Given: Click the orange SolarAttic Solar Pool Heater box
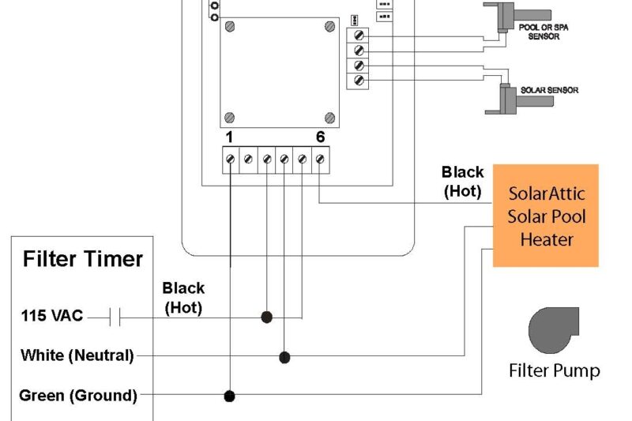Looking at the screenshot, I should (x=546, y=216).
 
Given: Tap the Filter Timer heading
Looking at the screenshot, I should (x=83, y=259).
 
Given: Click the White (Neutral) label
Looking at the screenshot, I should (x=77, y=356).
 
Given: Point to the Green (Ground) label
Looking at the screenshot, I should (x=77, y=395).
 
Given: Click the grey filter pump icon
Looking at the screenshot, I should (x=553, y=331).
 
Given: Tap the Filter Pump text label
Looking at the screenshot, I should (x=554, y=370).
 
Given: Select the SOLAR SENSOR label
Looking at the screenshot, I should (x=548, y=90).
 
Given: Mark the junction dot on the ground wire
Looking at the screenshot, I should (x=229, y=395).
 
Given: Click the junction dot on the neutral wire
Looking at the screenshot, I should (x=284, y=357).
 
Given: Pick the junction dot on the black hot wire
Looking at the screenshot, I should (x=267, y=317).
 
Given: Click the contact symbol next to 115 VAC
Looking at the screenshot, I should (x=115, y=318).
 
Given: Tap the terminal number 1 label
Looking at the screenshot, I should (x=229, y=137).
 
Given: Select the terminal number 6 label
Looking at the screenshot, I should (x=320, y=137).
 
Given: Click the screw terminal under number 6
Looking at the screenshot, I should (x=320, y=160).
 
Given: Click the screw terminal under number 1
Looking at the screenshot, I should (x=230, y=160).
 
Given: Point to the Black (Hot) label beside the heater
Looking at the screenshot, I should (x=462, y=181).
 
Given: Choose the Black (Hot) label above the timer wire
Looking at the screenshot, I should (x=183, y=298).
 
